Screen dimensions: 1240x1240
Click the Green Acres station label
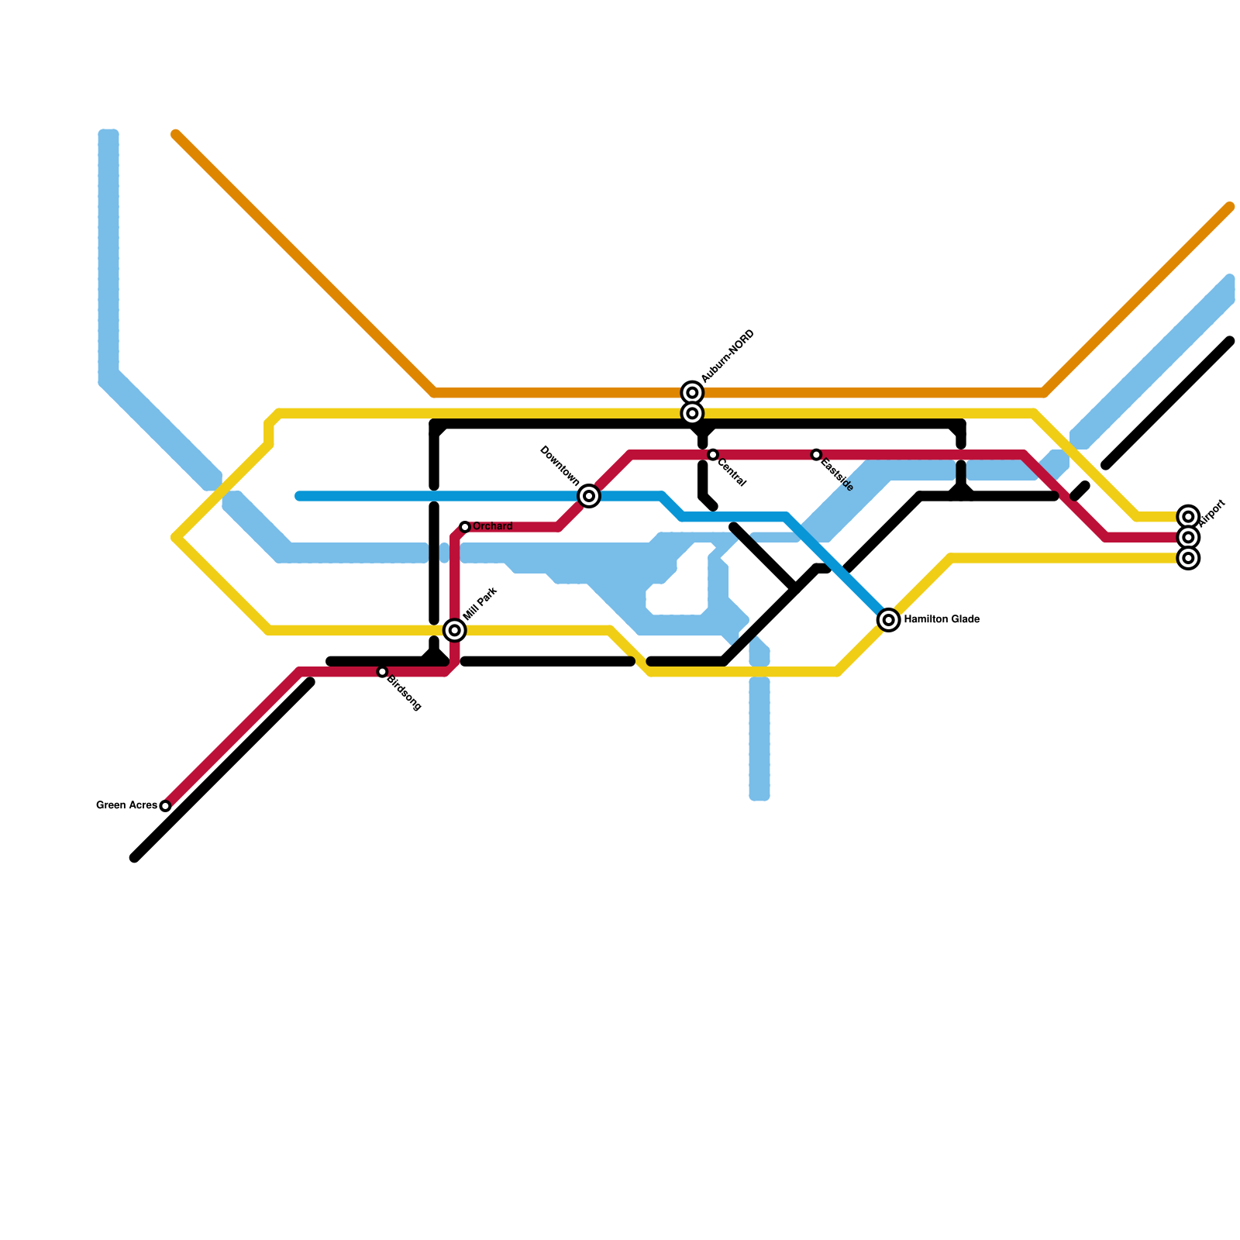tap(126, 806)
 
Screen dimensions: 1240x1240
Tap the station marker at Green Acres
tap(165, 806)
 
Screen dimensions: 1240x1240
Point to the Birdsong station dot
tap(382, 672)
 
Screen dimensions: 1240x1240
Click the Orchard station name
tap(493, 527)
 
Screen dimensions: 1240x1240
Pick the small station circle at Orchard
tap(465, 527)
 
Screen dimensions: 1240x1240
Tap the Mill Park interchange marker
tap(455, 630)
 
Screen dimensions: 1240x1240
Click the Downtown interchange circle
tap(589, 496)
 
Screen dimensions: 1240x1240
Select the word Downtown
tap(560, 466)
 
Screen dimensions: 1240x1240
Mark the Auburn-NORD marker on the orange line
tap(693, 393)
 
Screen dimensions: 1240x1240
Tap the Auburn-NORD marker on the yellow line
tap(693, 413)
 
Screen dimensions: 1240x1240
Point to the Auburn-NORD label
tap(728, 356)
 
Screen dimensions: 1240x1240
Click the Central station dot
tap(713, 455)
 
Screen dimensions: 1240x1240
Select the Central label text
tap(732, 474)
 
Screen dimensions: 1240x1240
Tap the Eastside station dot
tap(816, 455)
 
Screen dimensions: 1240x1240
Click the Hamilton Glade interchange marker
tap(889, 620)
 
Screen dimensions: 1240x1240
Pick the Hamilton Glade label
tap(942, 620)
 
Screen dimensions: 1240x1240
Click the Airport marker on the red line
tap(1188, 537)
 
